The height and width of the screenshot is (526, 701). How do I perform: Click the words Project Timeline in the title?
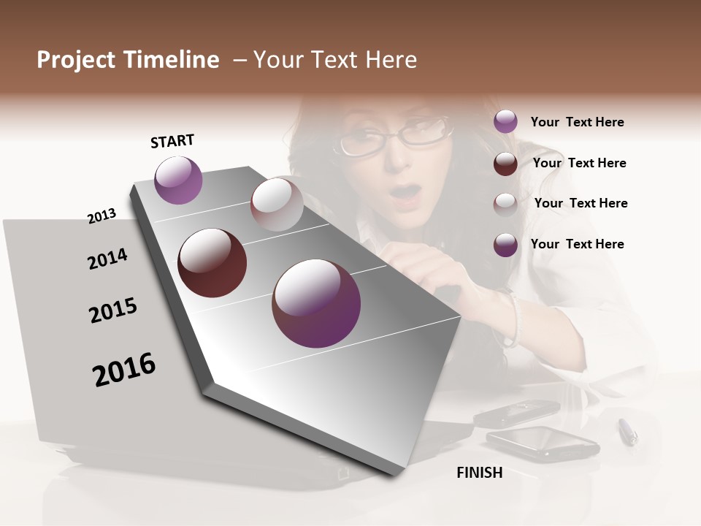(128, 60)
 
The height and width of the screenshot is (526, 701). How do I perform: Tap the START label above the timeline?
(172, 141)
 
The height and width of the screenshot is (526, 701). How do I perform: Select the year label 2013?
(102, 216)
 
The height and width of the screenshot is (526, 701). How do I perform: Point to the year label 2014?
(107, 259)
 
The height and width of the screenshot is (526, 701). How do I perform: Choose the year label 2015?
(113, 310)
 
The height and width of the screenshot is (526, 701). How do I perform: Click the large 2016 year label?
(124, 369)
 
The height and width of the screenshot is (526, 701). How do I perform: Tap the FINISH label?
(480, 473)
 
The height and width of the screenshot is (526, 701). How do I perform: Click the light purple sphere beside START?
(178, 180)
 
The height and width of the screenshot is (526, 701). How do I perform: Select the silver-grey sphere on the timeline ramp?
(277, 205)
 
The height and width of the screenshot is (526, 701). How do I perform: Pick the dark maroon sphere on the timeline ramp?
(212, 263)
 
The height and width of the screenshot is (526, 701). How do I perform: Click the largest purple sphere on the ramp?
(316, 303)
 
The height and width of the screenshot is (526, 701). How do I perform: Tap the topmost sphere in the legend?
(505, 121)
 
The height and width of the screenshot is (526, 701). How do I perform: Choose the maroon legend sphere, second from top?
(505, 164)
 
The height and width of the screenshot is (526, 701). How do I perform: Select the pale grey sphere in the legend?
(505, 205)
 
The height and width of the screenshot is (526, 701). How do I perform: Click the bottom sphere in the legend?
(505, 245)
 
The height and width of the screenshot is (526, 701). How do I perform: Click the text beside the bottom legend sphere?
(577, 244)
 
